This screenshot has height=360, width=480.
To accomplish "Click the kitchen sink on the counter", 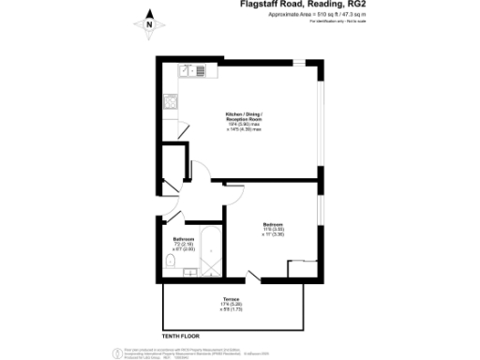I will click(192, 69).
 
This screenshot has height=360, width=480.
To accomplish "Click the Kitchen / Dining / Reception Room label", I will click(243, 121).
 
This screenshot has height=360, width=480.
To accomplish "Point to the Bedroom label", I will click(273, 226).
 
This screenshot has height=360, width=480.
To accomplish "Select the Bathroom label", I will click(182, 241).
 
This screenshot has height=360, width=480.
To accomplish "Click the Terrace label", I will click(232, 302).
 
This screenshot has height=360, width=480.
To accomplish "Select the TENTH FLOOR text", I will click(181, 334).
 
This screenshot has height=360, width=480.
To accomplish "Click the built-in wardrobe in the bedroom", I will click(302, 268).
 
